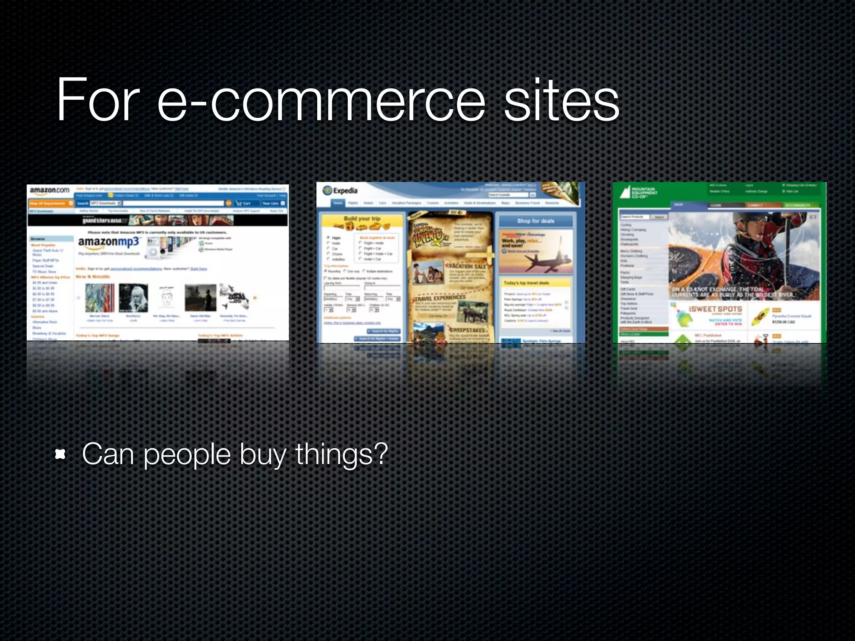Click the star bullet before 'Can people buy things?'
point(61,454)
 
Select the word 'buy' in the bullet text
point(263,454)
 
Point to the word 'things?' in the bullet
point(341,454)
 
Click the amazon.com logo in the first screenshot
point(50,191)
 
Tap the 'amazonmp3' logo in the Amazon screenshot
point(109,242)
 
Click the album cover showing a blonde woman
point(133,298)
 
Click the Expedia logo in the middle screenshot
point(340,191)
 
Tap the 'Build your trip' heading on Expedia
point(362,219)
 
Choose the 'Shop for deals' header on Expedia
point(536,221)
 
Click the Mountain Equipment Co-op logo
point(638,192)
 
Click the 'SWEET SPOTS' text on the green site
point(716,309)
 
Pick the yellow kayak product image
point(761,317)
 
